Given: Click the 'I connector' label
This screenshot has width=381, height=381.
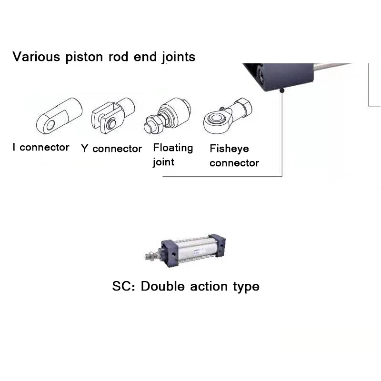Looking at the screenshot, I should [x=41, y=147].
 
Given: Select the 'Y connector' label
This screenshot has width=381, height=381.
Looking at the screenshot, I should [x=111, y=149].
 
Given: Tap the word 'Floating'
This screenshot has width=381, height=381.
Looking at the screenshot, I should [x=173, y=148].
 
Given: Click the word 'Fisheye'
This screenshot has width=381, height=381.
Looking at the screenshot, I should [x=229, y=149].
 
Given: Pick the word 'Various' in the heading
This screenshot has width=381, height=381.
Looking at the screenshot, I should [x=36, y=57].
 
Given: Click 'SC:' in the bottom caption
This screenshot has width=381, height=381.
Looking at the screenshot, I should [x=124, y=287].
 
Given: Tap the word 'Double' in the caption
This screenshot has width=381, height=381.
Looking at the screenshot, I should [x=163, y=287].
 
